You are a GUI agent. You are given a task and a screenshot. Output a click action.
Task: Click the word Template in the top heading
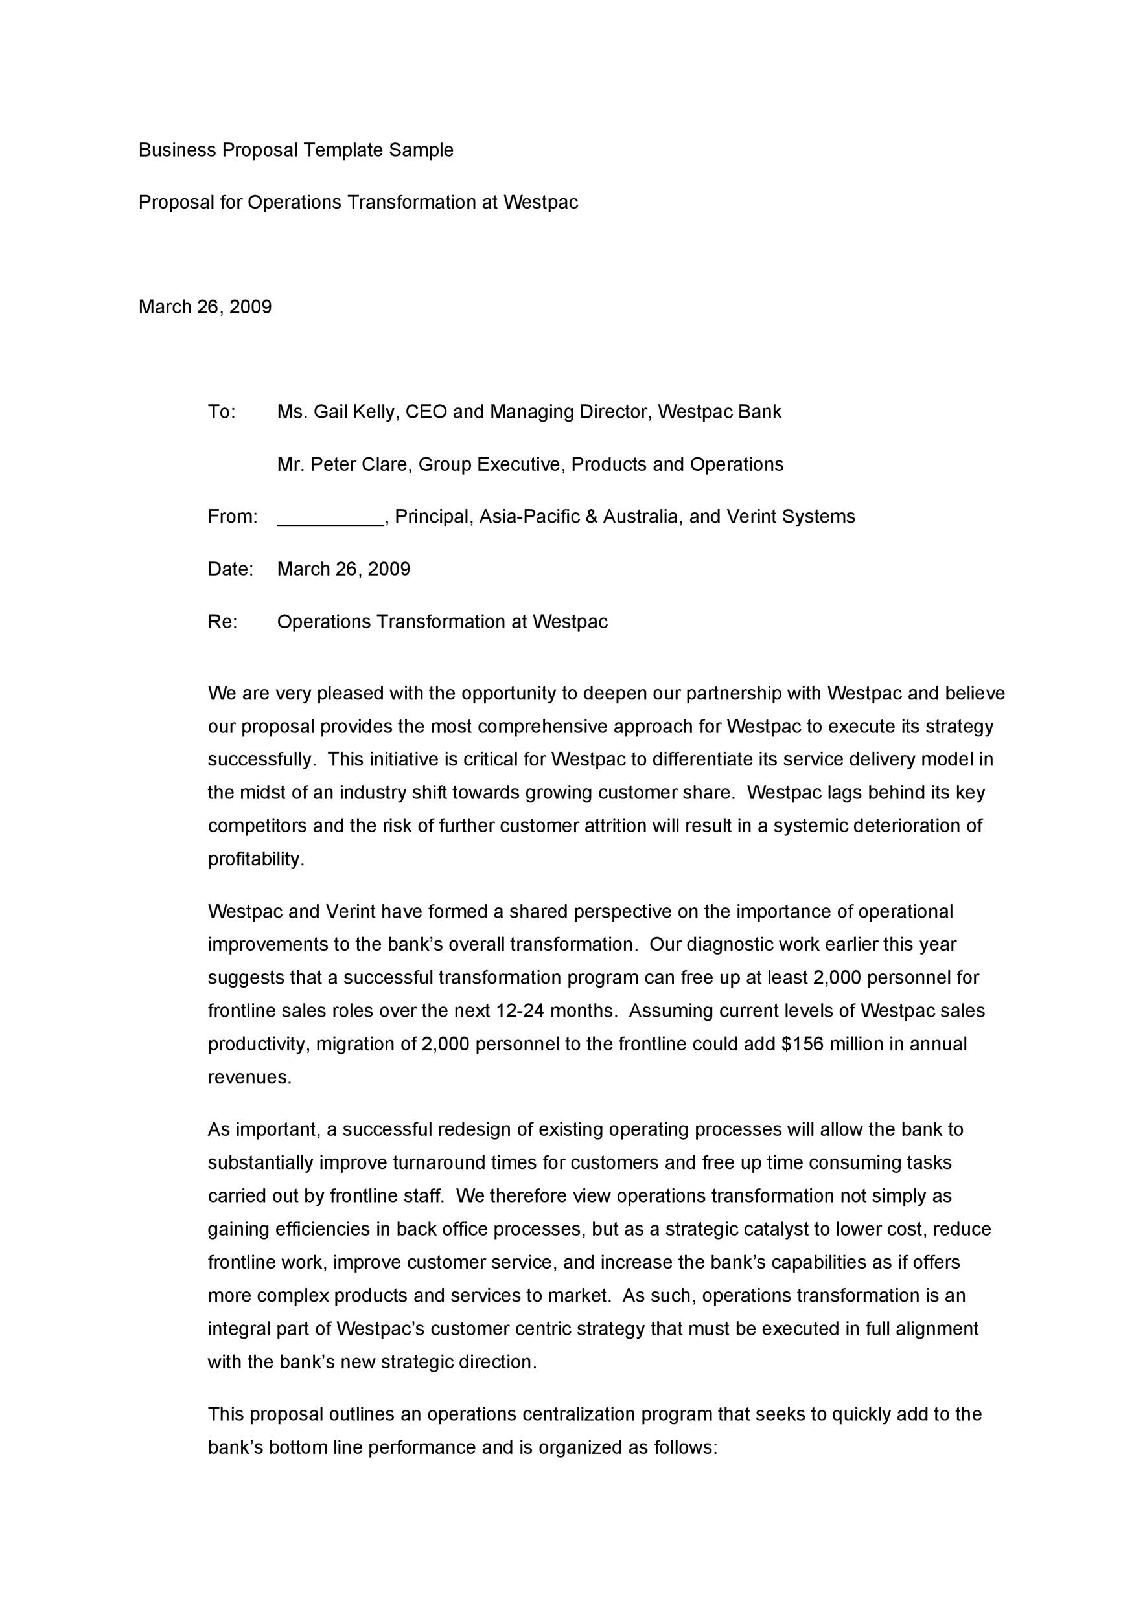[x=343, y=150]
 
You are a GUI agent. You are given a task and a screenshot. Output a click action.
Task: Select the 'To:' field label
[x=222, y=412]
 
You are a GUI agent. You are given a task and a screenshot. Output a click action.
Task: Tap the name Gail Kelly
[x=355, y=412]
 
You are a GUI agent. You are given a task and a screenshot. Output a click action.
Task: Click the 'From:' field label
[x=232, y=517]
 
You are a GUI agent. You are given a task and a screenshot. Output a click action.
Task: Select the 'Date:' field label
[x=230, y=569]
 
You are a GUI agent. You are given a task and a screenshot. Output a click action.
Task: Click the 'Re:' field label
[x=222, y=622]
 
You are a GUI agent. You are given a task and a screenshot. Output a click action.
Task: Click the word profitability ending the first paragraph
[x=255, y=859]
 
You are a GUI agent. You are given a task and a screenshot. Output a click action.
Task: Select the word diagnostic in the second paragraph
[x=730, y=945]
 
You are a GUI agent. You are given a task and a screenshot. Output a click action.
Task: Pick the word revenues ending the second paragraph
[x=248, y=1078]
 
